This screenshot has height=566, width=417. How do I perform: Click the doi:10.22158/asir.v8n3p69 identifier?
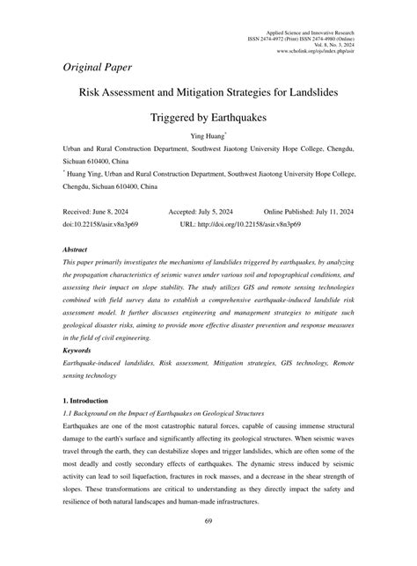101,225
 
